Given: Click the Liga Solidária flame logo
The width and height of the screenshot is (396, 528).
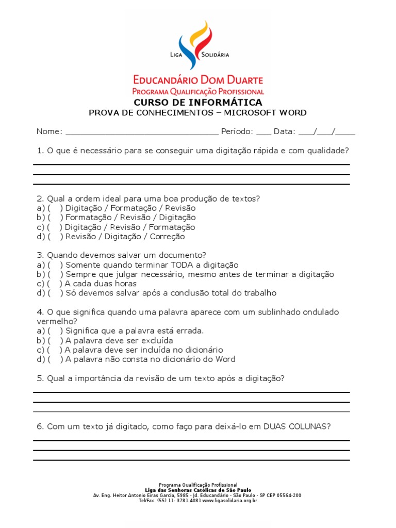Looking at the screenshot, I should [199, 45].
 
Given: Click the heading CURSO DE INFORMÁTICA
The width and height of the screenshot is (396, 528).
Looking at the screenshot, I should [198, 103].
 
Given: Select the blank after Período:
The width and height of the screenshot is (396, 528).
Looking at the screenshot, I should [263, 132].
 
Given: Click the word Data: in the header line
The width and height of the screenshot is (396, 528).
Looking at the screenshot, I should [285, 131].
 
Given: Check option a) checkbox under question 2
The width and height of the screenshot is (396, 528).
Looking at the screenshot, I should [55, 208].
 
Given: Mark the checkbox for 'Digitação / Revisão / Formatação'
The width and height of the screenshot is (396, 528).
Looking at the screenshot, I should [55, 227].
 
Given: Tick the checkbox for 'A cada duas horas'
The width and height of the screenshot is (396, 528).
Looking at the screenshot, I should [55, 284].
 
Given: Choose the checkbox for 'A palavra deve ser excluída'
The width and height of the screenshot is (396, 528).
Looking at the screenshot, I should [55, 341].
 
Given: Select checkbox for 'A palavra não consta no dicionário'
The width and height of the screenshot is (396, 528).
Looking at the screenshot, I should [55, 359].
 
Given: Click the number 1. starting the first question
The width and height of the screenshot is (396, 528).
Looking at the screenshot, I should [40, 151].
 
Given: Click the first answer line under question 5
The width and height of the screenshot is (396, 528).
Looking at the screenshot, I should [191, 392].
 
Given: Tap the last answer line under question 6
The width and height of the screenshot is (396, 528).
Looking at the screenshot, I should [191, 460].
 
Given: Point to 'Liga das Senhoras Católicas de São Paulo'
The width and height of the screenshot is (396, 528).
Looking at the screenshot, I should [198, 490].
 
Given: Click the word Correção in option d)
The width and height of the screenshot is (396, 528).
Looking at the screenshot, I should [167, 237].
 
